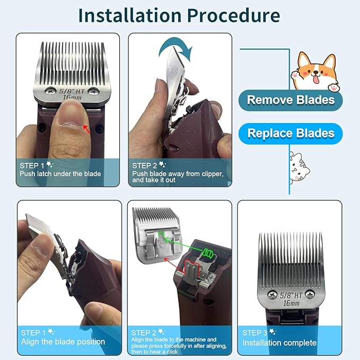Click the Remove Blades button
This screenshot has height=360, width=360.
point(291,99)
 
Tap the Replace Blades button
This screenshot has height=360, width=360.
point(291,133)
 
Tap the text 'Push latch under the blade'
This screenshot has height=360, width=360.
point(60,173)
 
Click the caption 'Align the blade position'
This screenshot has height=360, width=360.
point(63,342)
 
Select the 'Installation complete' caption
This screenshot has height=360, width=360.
point(279,343)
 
